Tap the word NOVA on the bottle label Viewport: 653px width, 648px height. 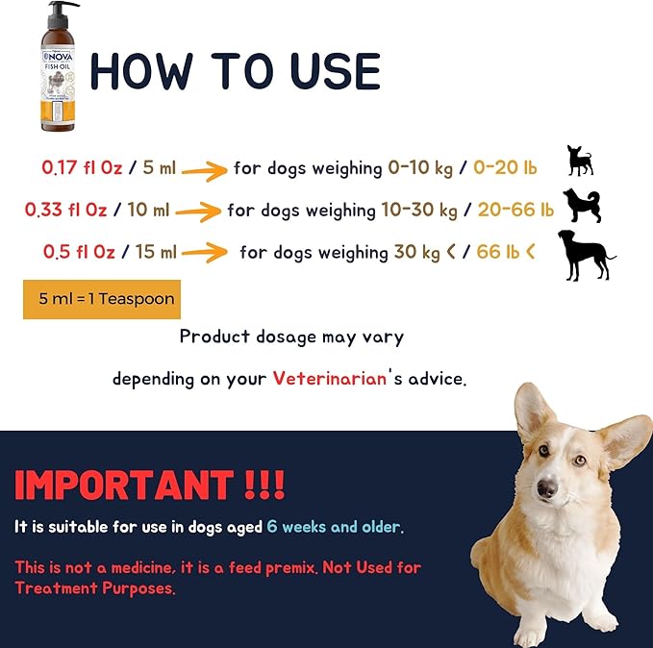click(58, 57)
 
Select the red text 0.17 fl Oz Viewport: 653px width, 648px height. click(82, 167)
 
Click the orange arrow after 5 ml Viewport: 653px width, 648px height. click(204, 171)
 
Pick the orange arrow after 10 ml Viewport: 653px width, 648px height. click(198, 212)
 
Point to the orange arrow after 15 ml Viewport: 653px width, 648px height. click(204, 252)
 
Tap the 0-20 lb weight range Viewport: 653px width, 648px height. click(505, 167)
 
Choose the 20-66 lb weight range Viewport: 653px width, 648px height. click(515, 210)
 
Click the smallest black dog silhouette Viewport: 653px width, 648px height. click(580, 161)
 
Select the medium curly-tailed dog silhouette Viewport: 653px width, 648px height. click(582, 206)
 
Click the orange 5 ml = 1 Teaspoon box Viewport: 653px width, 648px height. click(102, 299)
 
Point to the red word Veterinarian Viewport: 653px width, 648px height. click(330, 379)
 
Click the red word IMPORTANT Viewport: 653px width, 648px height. click(124, 485)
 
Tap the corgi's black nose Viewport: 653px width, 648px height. click(547, 488)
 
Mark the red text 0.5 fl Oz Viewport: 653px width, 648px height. click(79, 252)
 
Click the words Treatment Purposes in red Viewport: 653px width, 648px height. click(95, 588)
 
